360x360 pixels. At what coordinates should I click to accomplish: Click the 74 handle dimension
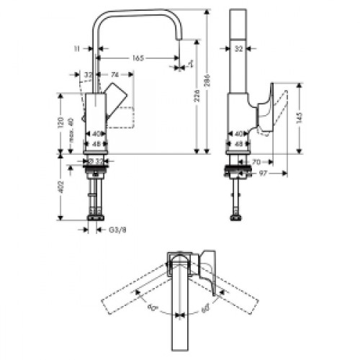(x=115, y=74)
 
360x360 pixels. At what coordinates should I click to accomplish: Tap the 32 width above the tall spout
(x=238, y=49)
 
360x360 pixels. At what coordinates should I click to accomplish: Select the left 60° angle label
(x=150, y=307)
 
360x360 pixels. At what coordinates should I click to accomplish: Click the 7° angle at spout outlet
(x=190, y=65)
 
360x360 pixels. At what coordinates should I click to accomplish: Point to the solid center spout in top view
(x=178, y=310)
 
